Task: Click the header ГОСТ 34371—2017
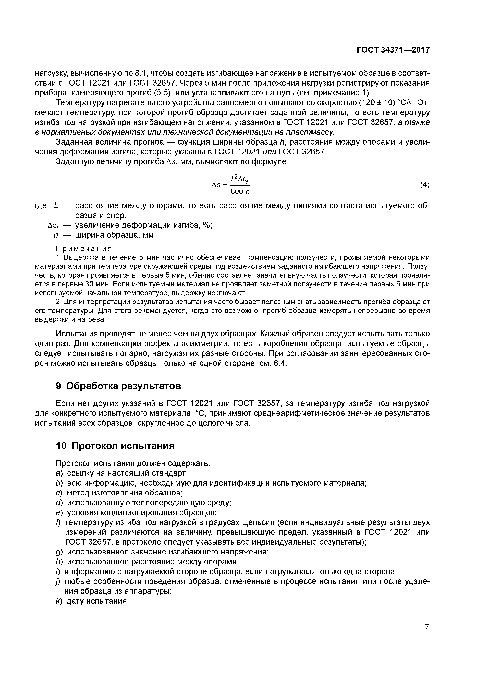tap(393, 50)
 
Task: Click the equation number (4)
tap(425, 185)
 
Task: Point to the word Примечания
tap(84, 249)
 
